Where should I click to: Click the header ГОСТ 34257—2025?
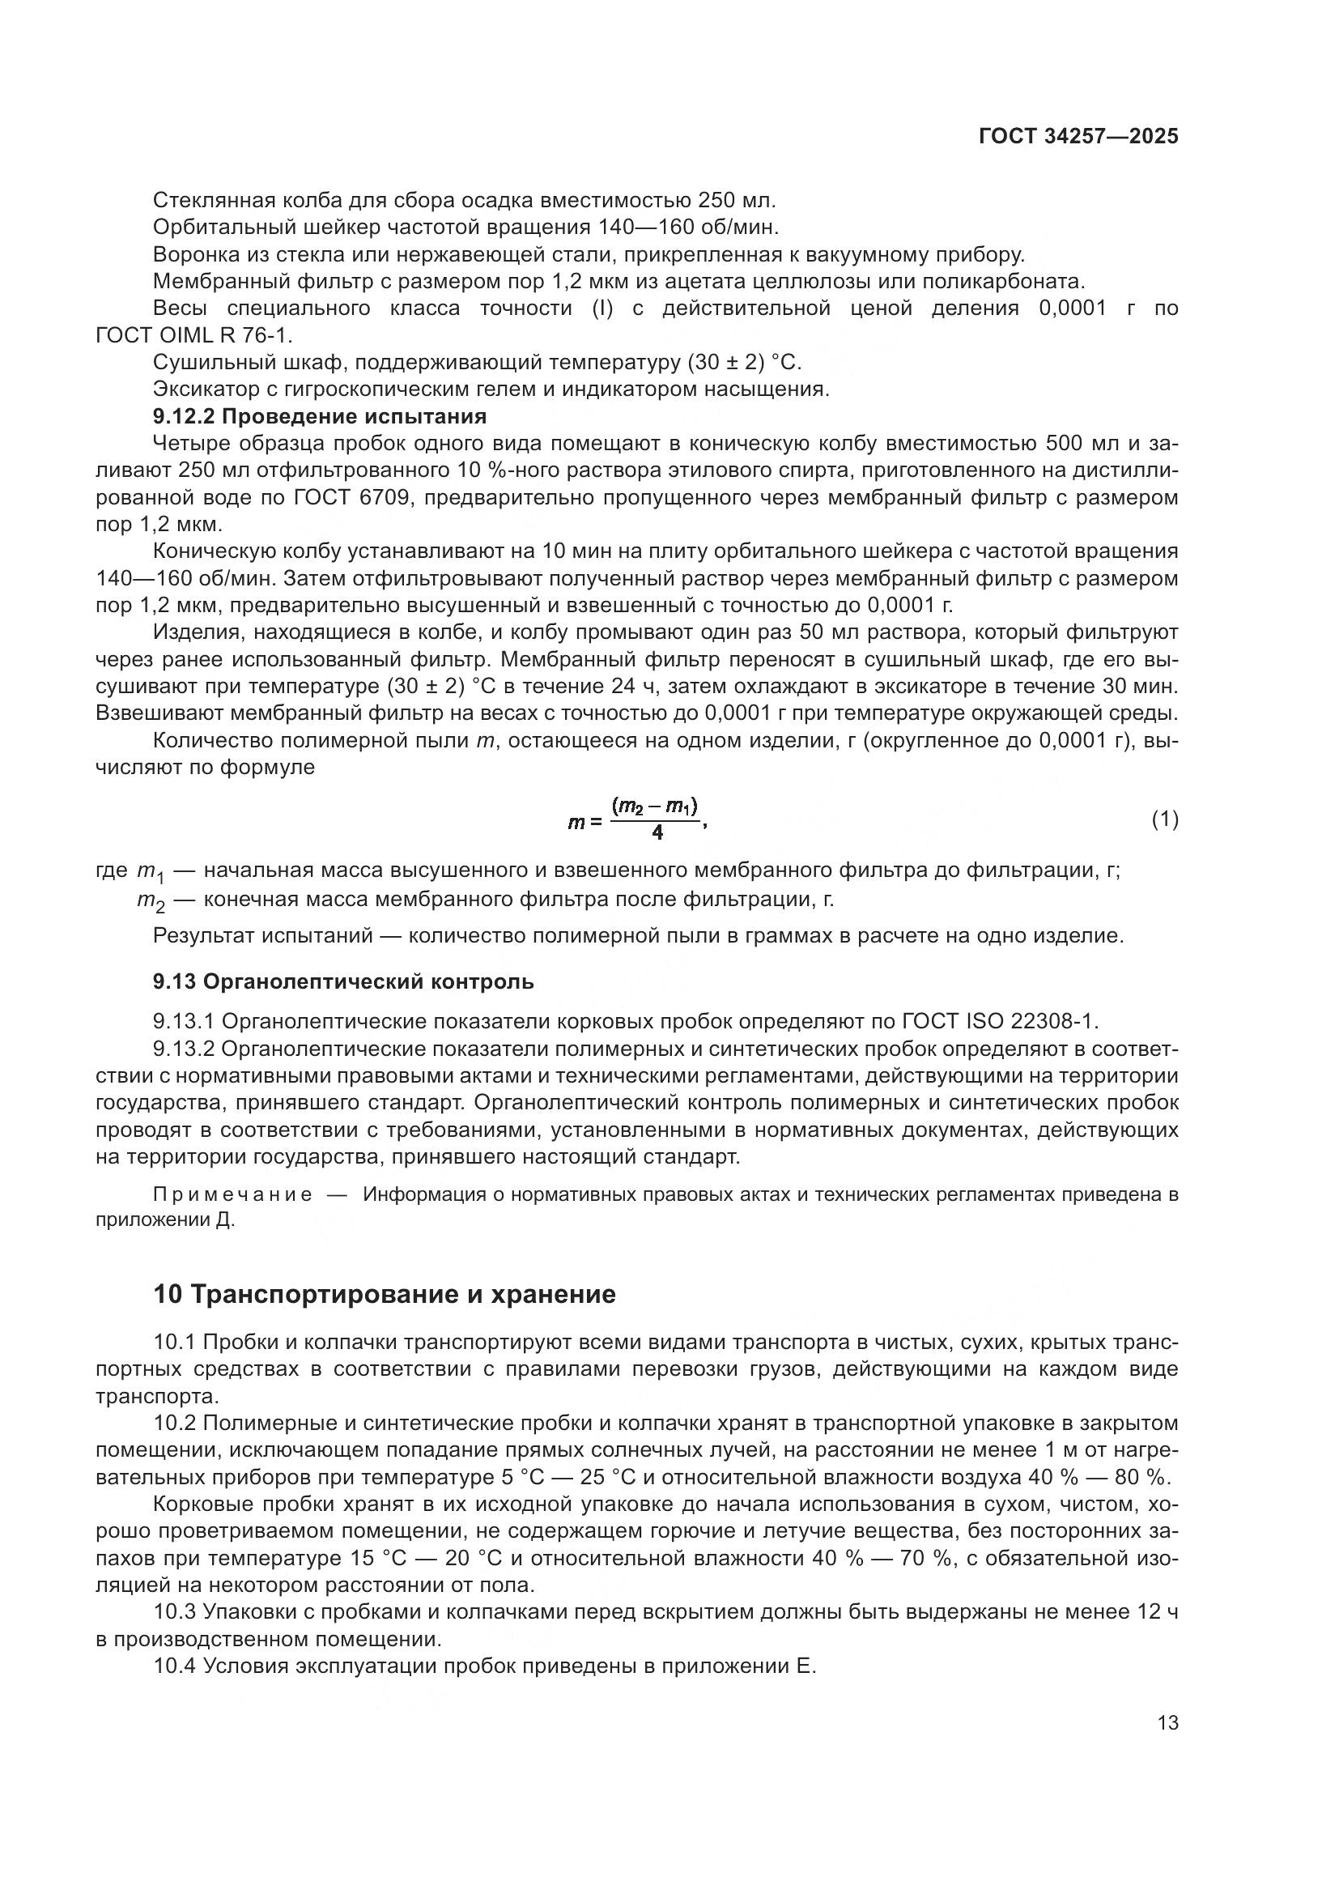1078,136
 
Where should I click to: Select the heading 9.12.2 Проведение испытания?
320,415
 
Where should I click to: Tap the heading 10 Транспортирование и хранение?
385,1294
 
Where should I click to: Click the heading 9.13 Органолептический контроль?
343,981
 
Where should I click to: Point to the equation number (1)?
1164,819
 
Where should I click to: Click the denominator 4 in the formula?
657,833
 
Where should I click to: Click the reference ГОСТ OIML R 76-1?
193,336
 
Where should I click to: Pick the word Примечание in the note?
232,1194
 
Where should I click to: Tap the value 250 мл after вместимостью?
734,201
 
